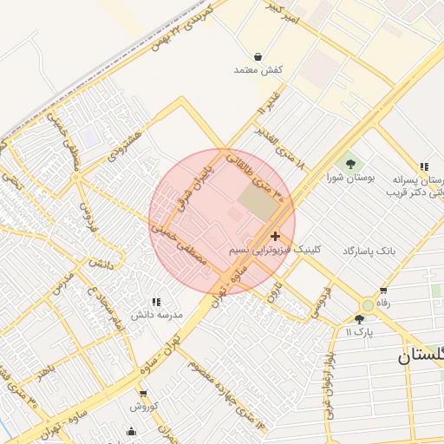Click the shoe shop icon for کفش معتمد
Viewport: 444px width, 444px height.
pos(258,56)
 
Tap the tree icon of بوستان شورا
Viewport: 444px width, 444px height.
pos(350,163)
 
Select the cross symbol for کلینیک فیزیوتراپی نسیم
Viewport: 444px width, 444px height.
pos(275,236)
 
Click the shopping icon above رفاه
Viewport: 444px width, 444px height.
pos(382,291)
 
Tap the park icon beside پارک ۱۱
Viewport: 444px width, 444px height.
pos(359,319)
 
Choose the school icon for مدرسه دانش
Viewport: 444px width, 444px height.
pos(156,302)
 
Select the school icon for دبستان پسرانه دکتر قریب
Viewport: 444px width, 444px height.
pos(423,166)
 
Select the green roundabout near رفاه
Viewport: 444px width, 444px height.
pos(369,305)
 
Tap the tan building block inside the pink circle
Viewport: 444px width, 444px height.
pos(255,202)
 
